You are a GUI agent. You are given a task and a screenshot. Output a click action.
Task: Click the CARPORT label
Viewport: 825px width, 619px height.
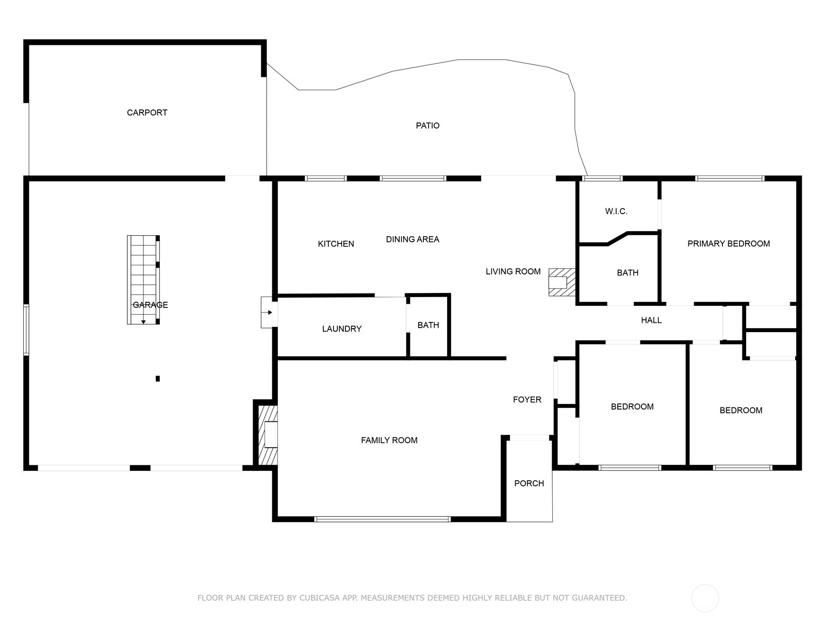point(147,113)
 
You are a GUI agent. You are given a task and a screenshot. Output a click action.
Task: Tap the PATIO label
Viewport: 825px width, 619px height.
point(427,125)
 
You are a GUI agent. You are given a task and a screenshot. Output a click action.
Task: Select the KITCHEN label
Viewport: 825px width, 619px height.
point(336,244)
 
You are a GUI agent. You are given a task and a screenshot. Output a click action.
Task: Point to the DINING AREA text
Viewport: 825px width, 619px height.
point(412,239)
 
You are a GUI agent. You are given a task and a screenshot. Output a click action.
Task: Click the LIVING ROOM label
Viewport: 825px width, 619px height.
point(513,271)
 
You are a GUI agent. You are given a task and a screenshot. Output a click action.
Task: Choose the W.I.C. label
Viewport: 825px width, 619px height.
point(616,211)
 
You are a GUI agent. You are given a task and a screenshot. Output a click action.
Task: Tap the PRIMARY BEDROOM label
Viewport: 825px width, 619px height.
point(729,243)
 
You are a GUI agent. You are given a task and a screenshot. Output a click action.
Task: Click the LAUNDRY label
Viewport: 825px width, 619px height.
point(342,329)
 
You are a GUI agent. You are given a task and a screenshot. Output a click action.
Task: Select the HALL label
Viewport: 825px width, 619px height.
point(651,320)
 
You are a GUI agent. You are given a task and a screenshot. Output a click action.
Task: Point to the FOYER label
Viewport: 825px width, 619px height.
point(527,399)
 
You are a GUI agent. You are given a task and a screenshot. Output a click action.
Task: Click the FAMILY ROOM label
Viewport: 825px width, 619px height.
point(389,440)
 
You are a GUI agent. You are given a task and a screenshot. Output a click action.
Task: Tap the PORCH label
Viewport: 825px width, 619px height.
point(529,483)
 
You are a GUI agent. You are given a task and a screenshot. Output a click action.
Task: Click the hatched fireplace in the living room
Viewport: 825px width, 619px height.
point(562,282)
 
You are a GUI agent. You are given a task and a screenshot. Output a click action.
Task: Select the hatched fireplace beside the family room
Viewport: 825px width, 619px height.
point(268,435)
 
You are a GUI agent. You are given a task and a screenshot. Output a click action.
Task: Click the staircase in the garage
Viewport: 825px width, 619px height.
point(143,280)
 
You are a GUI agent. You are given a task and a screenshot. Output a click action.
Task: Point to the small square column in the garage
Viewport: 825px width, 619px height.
point(158,379)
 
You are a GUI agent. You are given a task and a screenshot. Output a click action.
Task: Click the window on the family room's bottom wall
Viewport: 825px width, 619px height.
point(382,519)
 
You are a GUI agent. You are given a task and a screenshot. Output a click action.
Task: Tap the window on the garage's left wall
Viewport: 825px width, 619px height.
point(26,330)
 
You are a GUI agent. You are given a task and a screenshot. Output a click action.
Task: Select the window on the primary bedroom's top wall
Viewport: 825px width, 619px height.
point(730,178)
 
